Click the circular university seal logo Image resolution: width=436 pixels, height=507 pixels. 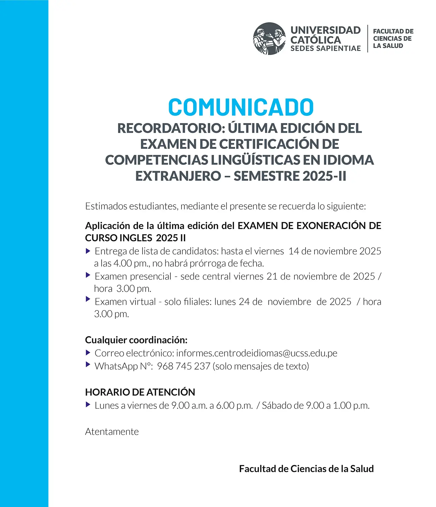[269, 39]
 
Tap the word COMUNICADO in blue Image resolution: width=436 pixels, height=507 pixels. [241, 107]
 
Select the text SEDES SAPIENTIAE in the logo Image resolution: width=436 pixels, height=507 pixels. [325, 49]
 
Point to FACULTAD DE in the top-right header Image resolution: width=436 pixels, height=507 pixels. [393, 31]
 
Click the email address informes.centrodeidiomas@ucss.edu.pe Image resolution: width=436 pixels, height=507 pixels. [257, 353]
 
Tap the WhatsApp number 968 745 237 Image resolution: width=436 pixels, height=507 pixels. [183, 366]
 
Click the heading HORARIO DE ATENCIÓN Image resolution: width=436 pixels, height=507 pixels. [140, 392]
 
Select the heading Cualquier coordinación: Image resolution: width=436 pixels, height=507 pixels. [136, 340]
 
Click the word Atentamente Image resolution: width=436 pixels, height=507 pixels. [112, 432]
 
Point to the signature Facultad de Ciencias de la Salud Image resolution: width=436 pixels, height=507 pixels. [306, 469]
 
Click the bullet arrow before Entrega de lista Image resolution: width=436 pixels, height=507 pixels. [88, 251]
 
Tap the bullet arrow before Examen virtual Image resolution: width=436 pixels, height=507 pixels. [88, 299]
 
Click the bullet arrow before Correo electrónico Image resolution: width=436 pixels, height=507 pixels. [88, 352]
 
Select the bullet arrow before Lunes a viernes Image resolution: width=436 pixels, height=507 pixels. [88, 405]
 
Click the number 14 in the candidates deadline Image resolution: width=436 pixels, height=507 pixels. [293, 251]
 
